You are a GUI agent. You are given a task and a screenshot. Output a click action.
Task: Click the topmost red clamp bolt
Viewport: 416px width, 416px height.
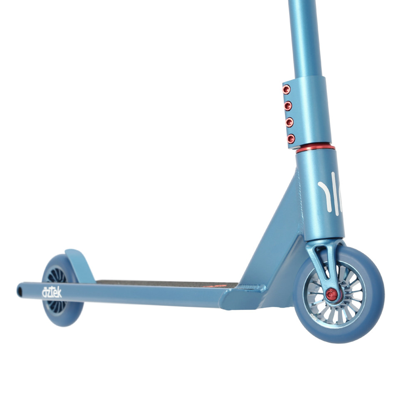(286, 89)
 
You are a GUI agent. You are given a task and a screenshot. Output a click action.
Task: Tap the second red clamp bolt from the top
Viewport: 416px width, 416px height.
(288, 106)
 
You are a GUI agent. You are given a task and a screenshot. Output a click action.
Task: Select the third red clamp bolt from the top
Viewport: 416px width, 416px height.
(290, 122)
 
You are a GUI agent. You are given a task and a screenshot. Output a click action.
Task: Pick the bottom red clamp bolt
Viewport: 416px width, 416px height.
(291, 138)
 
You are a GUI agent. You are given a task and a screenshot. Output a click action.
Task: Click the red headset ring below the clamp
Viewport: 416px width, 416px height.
(315, 149)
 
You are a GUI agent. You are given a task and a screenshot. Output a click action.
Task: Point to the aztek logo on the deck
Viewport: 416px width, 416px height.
(52, 292)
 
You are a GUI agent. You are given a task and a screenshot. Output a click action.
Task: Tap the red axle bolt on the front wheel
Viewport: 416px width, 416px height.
(332, 295)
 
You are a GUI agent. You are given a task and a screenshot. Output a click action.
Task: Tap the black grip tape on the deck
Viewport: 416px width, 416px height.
(166, 284)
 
